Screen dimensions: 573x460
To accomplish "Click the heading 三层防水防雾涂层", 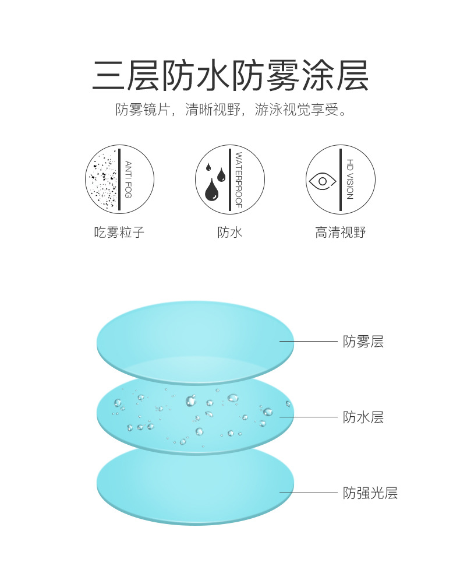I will click(230, 76).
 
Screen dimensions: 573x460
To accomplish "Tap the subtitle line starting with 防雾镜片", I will click(230, 110).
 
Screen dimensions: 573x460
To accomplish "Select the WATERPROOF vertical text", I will click(238, 180).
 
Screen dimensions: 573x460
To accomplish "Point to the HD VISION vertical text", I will click(349, 180).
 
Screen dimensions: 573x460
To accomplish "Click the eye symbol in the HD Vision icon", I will click(322, 181).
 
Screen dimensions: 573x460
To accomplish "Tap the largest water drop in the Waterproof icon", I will click(212, 189).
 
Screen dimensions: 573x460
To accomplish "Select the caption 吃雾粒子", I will click(119, 233).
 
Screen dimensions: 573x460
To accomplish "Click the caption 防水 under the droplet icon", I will click(229, 233).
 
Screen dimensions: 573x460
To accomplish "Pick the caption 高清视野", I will click(340, 233).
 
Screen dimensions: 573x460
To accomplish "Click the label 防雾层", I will click(363, 342).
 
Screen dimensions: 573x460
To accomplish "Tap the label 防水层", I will click(363, 417).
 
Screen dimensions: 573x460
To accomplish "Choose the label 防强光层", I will click(370, 493).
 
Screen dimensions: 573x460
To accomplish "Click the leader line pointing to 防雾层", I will click(309, 342).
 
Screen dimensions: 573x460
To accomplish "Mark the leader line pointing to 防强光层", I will click(309, 493).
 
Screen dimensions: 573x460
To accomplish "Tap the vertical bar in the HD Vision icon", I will click(341, 180).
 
